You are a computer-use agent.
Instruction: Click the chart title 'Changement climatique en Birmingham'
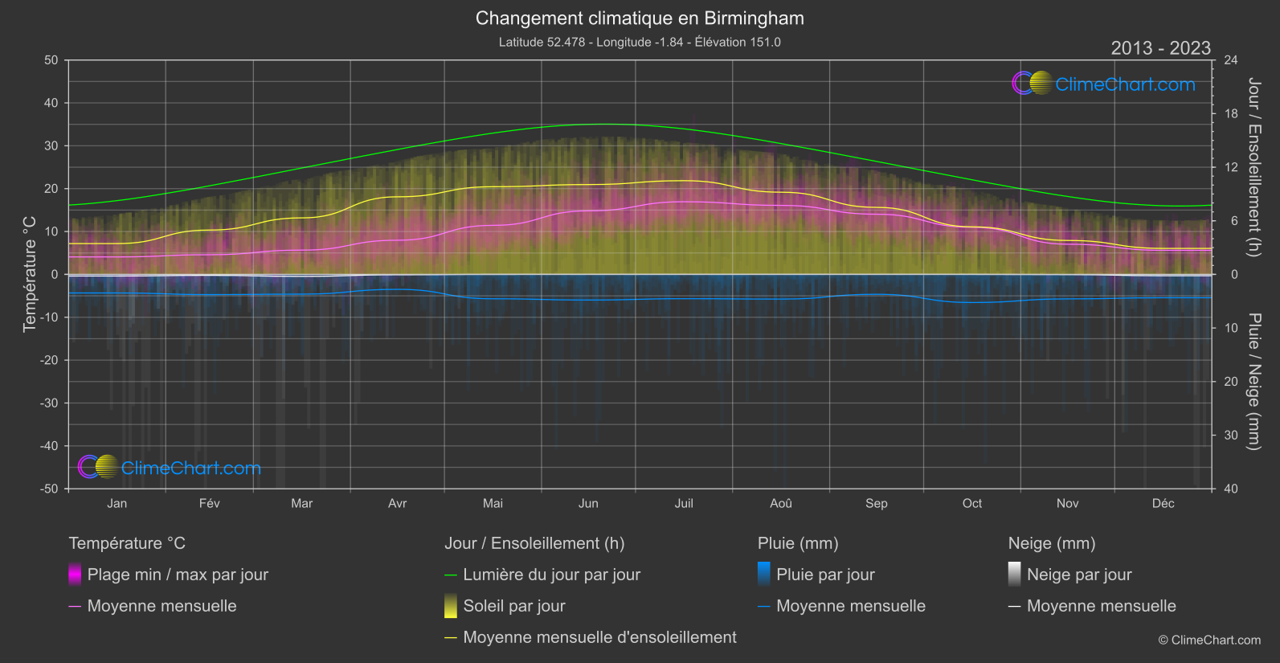click(x=640, y=18)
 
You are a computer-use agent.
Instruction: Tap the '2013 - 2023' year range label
click(x=1160, y=48)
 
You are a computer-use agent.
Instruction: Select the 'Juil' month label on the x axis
click(x=684, y=504)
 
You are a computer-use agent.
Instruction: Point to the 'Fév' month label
click(x=209, y=504)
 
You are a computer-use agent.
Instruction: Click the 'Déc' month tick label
click(x=1163, y=504)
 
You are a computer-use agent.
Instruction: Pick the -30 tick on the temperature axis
click(x=49, y=403)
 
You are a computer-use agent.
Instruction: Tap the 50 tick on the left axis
click(x=51, y=60)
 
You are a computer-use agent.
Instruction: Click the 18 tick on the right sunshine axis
click(x=1231, y=114)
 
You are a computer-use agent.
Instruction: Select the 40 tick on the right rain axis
click(x=1231, y=489)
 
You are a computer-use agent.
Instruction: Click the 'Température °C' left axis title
click(x=30, y=274)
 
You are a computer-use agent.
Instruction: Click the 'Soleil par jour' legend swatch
click(x=451, y=606)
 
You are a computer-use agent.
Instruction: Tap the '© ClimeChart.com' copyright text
click(x=1209, y=640)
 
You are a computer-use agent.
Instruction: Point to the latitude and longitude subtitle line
click(x=640, y=43)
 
